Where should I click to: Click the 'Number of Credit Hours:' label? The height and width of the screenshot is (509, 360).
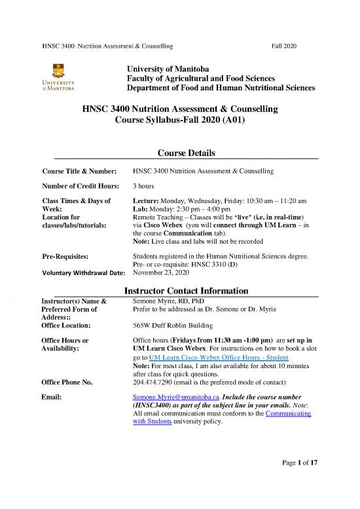coord(79,185)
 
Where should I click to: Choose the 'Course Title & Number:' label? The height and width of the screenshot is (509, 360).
coord(79,171)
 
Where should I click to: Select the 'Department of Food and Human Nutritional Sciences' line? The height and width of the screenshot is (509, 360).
coord(221,87)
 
